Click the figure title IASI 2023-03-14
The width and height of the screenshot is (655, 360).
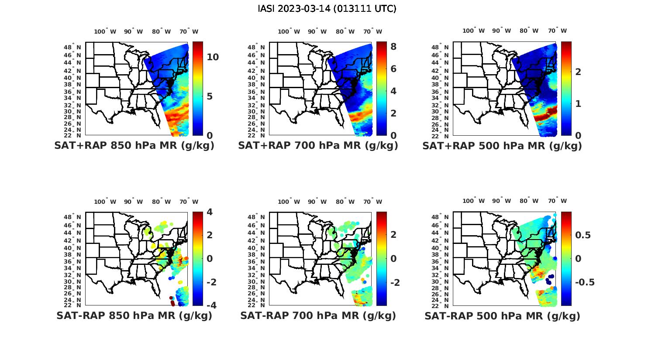coord(327,9)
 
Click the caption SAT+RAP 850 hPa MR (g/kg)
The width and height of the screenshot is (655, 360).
coord(134,146)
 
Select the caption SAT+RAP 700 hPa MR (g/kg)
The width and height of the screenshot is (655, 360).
coord(318,146)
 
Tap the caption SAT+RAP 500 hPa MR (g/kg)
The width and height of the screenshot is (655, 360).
coord(502,146)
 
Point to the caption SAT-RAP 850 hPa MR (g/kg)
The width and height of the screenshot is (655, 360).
coord(134,315)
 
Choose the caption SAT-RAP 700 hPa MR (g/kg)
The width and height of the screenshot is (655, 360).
coord(318,315)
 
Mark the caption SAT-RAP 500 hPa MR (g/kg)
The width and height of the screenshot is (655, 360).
coord(502,316)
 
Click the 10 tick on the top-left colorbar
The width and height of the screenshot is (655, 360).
coord(213,57)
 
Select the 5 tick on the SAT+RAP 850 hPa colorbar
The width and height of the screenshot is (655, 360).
coord(210,96)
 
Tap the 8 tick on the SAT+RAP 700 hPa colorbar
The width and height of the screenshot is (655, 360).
coord(393,46)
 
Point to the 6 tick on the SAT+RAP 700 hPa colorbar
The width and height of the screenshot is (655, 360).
coord(393,69)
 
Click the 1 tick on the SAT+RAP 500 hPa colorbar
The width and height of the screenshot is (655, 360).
coord(578,103)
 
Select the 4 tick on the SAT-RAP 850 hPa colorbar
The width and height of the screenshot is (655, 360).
coord(210,212)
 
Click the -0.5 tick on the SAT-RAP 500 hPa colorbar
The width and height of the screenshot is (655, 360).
coord(585,282)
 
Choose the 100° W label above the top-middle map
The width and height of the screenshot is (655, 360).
coord(289,31)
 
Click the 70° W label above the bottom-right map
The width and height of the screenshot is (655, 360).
coord(558,201)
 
